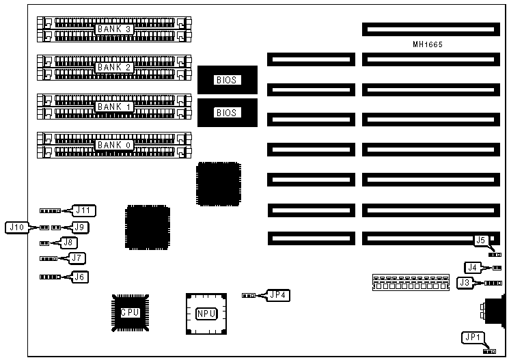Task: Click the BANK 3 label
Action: (113, 29)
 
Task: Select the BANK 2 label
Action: (113, 68)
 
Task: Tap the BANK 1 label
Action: (113, 107)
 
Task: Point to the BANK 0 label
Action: (113, 145)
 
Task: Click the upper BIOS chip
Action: (225, 80)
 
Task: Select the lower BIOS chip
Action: (225, 112)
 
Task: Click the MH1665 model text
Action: (428, 45)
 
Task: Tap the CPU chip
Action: (130, 312)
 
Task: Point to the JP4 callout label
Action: (277, 295)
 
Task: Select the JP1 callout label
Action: (472, 337)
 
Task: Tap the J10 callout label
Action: (17, 226)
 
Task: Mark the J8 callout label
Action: (68, 242)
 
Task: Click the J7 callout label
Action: (78, 258)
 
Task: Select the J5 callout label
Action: (480, 240)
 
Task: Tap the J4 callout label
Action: (472, 267)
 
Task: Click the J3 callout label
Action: (465, 282)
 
